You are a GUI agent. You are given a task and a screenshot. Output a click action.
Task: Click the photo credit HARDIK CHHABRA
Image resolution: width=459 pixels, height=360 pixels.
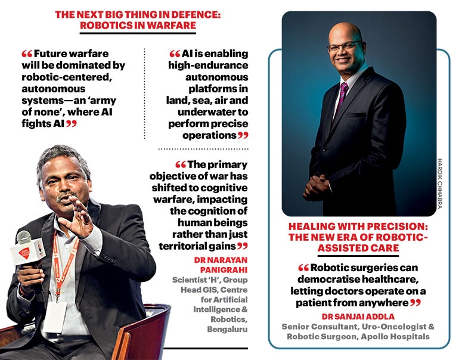point(442,183)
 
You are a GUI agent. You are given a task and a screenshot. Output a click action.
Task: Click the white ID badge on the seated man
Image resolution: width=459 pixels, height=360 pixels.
point(55,316)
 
